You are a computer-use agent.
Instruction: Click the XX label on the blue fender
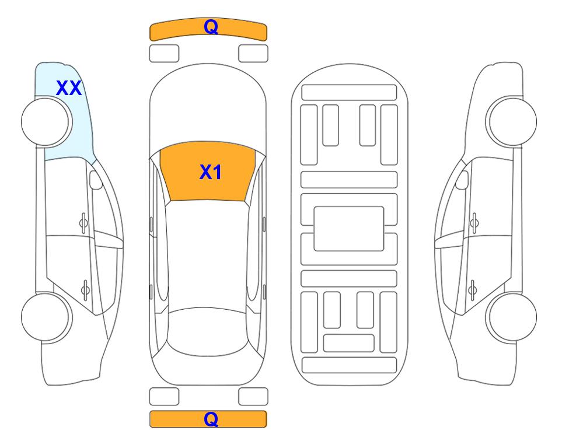click(69, 88)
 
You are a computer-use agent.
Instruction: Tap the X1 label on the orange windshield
click(211, 172)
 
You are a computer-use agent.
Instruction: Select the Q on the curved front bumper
click(211, 27)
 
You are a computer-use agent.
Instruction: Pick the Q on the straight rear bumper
click(211, 419)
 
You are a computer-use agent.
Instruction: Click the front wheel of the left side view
click(47, 122)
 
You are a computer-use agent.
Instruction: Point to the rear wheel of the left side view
click(46, 317)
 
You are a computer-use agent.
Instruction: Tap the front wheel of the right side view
click(511, 122)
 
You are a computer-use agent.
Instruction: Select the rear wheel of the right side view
click(511, 317)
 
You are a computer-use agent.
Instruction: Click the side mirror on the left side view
click(95, 180)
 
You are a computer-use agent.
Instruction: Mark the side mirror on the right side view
click(462, 180)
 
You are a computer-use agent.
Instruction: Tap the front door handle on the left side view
click(83, 223)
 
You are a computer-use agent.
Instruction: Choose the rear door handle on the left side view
click(85, 289)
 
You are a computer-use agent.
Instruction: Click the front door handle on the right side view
click(474, 223)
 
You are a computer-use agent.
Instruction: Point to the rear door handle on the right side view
click(472, 289)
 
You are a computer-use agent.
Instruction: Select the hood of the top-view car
click(208, 107)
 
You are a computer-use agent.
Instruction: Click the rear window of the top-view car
click(207, 331)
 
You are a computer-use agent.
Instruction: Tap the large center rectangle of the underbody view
click(349, 229)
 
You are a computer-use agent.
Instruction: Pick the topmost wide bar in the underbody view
click(349, 93)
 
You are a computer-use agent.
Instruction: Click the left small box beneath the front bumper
click(164, 54)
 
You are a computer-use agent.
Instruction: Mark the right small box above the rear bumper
click(253, 397)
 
